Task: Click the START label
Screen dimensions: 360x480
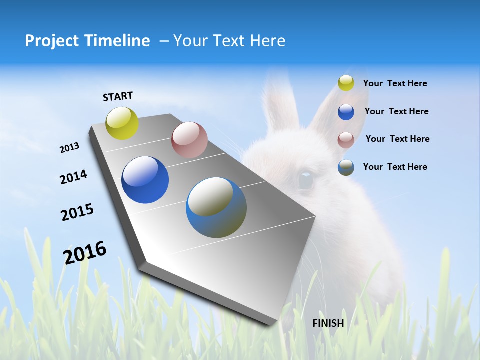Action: click(118, 96)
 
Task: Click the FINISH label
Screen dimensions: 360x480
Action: click(328, 323)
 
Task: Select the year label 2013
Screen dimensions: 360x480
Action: click(69, 148)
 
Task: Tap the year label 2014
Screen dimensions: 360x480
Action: click(73, 177)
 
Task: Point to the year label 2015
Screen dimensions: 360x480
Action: click(77, 212)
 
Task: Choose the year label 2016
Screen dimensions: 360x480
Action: click(85, 252)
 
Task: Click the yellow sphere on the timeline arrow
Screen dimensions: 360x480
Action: click(122, 123)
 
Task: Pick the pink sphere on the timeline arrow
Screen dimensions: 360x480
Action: click(189, 140)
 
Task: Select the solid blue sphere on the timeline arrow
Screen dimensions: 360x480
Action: click(145, 180)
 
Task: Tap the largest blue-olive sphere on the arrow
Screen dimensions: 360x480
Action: click(216, 207)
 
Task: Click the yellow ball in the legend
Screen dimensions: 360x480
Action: click(346, 83)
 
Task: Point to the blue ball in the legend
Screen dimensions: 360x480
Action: click(346, 111)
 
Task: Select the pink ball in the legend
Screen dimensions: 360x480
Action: click(346, 139)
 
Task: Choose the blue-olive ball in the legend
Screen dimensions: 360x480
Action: click(346, 167)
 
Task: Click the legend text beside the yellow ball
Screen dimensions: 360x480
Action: click(395, 83)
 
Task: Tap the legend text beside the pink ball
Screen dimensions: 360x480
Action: click(397, 139)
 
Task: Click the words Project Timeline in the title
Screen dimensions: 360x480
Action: click(87, 41)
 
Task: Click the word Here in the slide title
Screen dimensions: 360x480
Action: click(267, 41)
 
